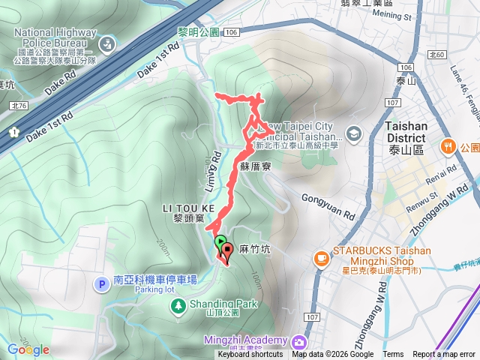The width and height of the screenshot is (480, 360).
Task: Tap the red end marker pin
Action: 226,252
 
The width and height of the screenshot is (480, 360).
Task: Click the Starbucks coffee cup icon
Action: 321,258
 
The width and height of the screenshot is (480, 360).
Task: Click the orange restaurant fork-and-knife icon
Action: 448,145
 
